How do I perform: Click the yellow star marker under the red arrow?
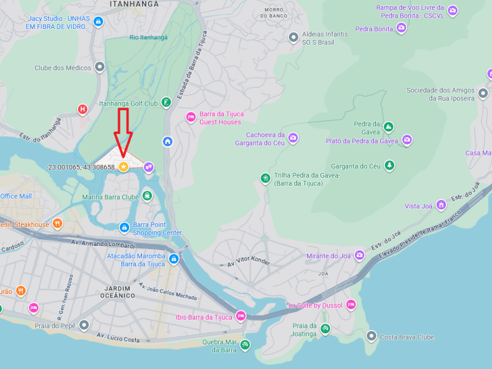click(x=123, y=167)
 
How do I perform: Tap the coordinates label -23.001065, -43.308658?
click(x=81, y=167)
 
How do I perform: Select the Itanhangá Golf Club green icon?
click(x=165, y=103)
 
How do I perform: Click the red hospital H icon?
click(x=82, y=110)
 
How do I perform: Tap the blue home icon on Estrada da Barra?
click(x=167, y=141)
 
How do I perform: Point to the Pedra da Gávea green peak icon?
click(x=388, y=127)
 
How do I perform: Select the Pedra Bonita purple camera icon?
click(x=401, y=28)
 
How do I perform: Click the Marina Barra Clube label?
click(x=111, y=197)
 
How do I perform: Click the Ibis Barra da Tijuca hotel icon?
click(x=240, y=316)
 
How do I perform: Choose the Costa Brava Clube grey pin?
click(x=371, y=336)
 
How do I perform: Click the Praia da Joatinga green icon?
click(x=325, y=329)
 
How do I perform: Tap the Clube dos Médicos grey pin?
click(x=99, y=68)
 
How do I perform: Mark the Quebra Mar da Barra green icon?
click(x=245, y=345)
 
